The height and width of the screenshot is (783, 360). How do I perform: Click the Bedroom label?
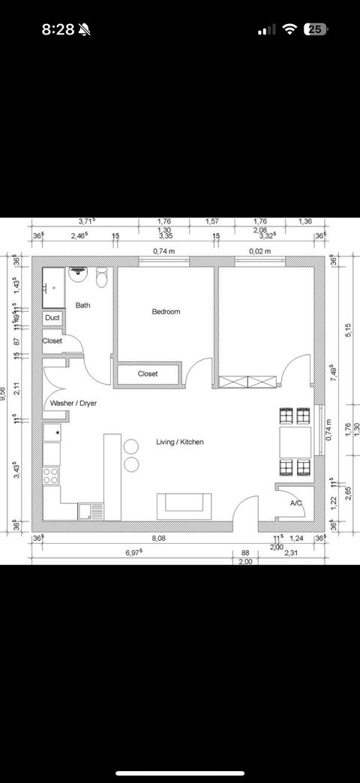pyautogui.click(x=166, y=311)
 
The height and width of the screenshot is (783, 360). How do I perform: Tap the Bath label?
pyautogui.click(x=82, y=305)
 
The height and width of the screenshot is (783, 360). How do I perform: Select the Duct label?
pyautogui.click(x=52, y=318)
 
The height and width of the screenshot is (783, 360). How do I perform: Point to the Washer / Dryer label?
pyautogui.click(x=73, y=403)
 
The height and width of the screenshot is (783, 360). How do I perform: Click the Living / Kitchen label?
pyautogui.click(x=179, y=442)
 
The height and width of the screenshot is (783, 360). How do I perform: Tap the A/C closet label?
pyautogui.click(x=295, y=502)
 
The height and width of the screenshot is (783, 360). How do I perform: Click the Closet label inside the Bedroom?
pyautogui.click(x=148, y=373)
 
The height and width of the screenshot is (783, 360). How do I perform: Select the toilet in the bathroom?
pyautogui.click(x=103, y=277)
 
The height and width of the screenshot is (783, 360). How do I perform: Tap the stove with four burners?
pyautogui.click(x=52, y=475)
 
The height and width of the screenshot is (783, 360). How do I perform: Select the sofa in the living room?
pyautogui.click(x=184, y=505)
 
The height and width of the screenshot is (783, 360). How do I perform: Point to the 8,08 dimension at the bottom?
pyautogui.click(x=159, y=538)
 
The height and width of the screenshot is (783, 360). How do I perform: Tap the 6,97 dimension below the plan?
pyautogui.click(x=132, y=552)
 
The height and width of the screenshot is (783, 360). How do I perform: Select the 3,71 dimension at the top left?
pyautogui.click(x=86, y=221)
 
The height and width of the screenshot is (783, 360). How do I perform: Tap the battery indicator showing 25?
pyautogui.click(x=315, y=29)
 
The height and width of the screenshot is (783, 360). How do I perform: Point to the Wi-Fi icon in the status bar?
pyautogui.click(x=289, y=29)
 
